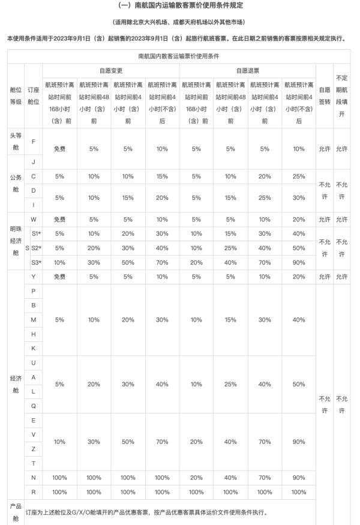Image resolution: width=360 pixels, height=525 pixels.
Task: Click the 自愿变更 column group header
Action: coord(110,70)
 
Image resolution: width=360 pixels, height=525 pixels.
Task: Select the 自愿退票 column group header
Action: coord(247,70)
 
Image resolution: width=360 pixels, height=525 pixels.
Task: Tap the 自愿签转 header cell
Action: coord(325,97)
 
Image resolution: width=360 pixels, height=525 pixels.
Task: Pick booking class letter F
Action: coord(33,142)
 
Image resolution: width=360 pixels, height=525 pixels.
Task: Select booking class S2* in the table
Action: coord(36,248)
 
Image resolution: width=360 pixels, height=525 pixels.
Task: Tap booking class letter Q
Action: coord(33,405)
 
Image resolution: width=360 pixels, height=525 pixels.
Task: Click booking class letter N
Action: coord(33,478)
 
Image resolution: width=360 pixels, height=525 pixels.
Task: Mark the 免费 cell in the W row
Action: coord(59,219)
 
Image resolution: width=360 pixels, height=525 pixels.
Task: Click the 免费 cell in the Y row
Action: coord(59,277)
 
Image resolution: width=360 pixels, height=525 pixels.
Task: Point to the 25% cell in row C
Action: coord(299,176)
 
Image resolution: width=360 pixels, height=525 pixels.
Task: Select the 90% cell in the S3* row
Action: coord(299,262)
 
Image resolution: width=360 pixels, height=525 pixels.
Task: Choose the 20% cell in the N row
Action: coord(196,478)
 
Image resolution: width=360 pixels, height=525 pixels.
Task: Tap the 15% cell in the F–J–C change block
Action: coord(162,176)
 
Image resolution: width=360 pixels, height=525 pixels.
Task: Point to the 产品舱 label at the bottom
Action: coord(16,512)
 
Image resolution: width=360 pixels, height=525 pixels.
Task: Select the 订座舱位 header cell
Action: coord(33,97)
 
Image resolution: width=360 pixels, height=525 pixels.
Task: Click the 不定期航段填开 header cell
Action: coord(342,97)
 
